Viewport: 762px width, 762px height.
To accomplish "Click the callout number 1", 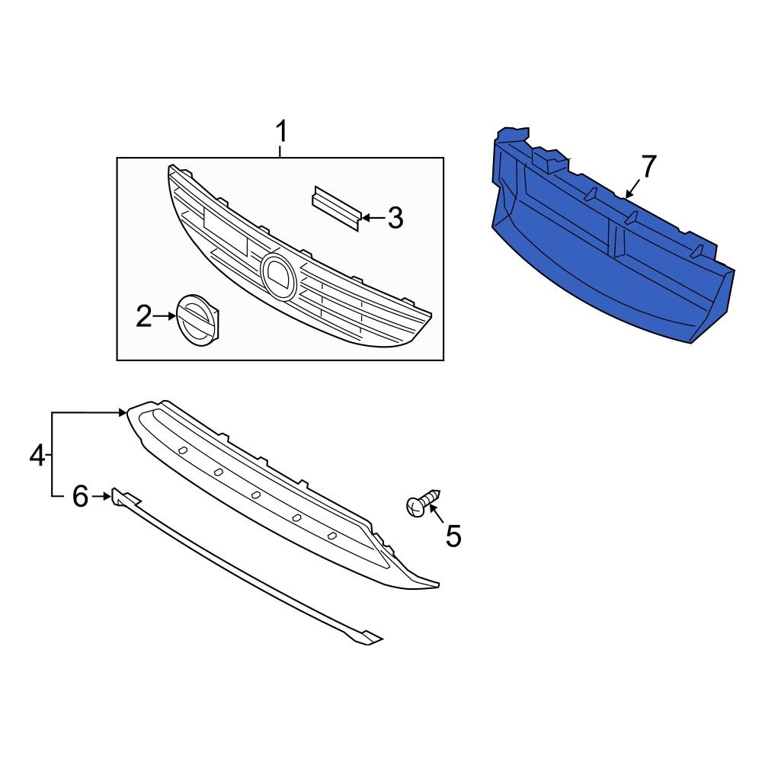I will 281,133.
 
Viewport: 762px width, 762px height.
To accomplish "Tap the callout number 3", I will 394,219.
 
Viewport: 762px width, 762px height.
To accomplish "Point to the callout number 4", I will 37,456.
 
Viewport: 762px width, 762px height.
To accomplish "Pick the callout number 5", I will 453,536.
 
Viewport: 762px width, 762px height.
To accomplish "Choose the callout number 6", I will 81,497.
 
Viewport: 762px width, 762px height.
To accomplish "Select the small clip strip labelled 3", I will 335,206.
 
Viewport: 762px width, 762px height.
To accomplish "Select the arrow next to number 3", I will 371,218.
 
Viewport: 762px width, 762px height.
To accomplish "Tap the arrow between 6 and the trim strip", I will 102,497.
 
